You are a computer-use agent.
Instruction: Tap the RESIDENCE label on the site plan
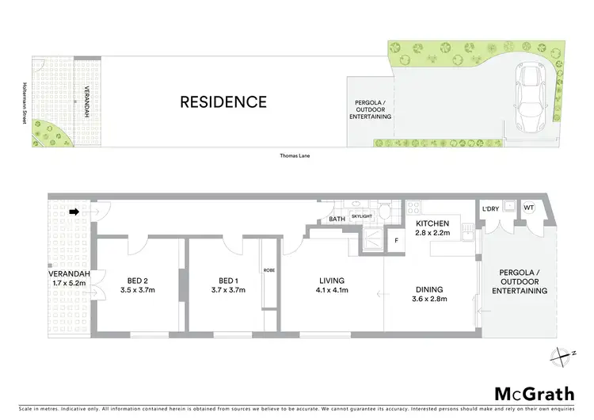pos(223,101)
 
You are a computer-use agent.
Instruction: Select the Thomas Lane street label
pos(294,155)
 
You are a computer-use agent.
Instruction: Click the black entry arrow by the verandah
pos(74,212)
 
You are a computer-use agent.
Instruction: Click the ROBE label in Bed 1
pos(268,271)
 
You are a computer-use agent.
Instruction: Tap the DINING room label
pos(427,289)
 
